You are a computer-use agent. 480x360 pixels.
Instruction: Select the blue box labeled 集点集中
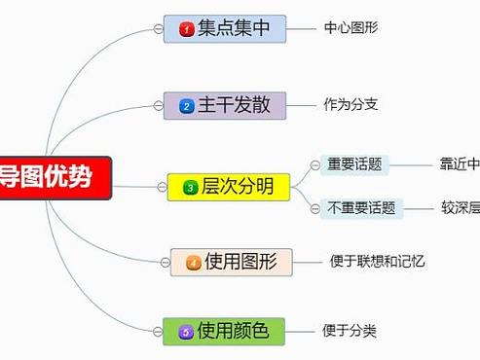point(225,29)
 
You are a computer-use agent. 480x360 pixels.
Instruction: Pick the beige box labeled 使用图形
point(232,262)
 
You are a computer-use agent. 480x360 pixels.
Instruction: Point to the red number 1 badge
point(185,30)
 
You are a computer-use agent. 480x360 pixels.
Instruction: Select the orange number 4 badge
point(193,263)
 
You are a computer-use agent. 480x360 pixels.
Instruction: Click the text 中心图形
point(351,27)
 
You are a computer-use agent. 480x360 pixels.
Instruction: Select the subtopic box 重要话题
point(354,164)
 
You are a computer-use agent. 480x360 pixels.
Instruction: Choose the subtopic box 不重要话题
point(361,207)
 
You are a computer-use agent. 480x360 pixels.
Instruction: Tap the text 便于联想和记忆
point(377,261)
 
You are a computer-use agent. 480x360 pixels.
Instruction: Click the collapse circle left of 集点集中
point(158,29)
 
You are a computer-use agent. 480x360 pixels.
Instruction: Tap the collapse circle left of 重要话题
point(314,164)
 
